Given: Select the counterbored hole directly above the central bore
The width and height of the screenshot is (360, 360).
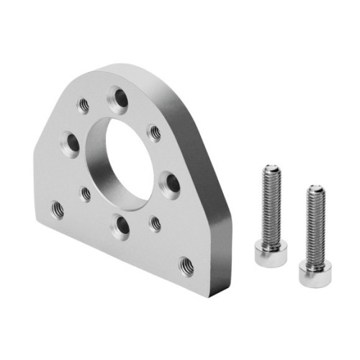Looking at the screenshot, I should coord(117,98).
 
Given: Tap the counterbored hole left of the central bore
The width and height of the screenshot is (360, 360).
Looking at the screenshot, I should coord(71,143).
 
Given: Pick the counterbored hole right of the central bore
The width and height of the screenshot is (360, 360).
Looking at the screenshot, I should coord(170,184).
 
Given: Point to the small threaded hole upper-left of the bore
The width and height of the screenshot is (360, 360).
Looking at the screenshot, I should coord(84,105).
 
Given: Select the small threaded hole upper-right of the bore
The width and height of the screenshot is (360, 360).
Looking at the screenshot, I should coord(153,132).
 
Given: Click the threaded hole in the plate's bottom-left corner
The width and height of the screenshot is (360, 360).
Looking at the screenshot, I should coord(58,210).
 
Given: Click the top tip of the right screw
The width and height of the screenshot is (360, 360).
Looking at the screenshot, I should coord(314,189).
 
